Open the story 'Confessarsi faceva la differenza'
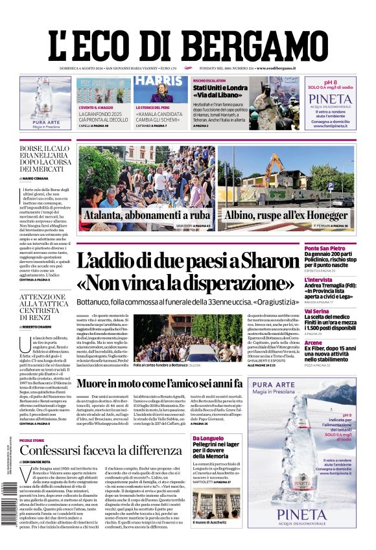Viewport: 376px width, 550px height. click(x=91, y=450)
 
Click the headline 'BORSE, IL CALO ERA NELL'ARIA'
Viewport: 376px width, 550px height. click(x=44, y=159)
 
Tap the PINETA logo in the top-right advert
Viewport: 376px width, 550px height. click(x=330, y=99)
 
